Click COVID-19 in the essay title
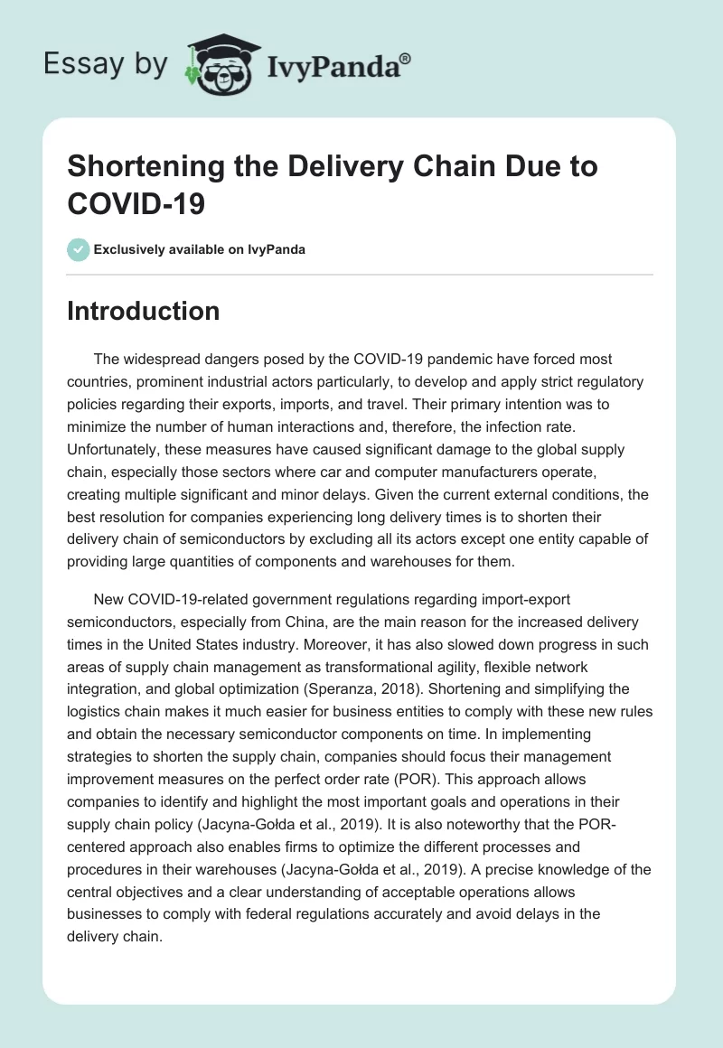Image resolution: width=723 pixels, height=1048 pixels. (x=136, y=202)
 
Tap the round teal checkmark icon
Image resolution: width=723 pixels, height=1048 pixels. (x=79, y=249)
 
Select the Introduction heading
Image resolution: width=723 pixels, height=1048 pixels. (x=143, y=312)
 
